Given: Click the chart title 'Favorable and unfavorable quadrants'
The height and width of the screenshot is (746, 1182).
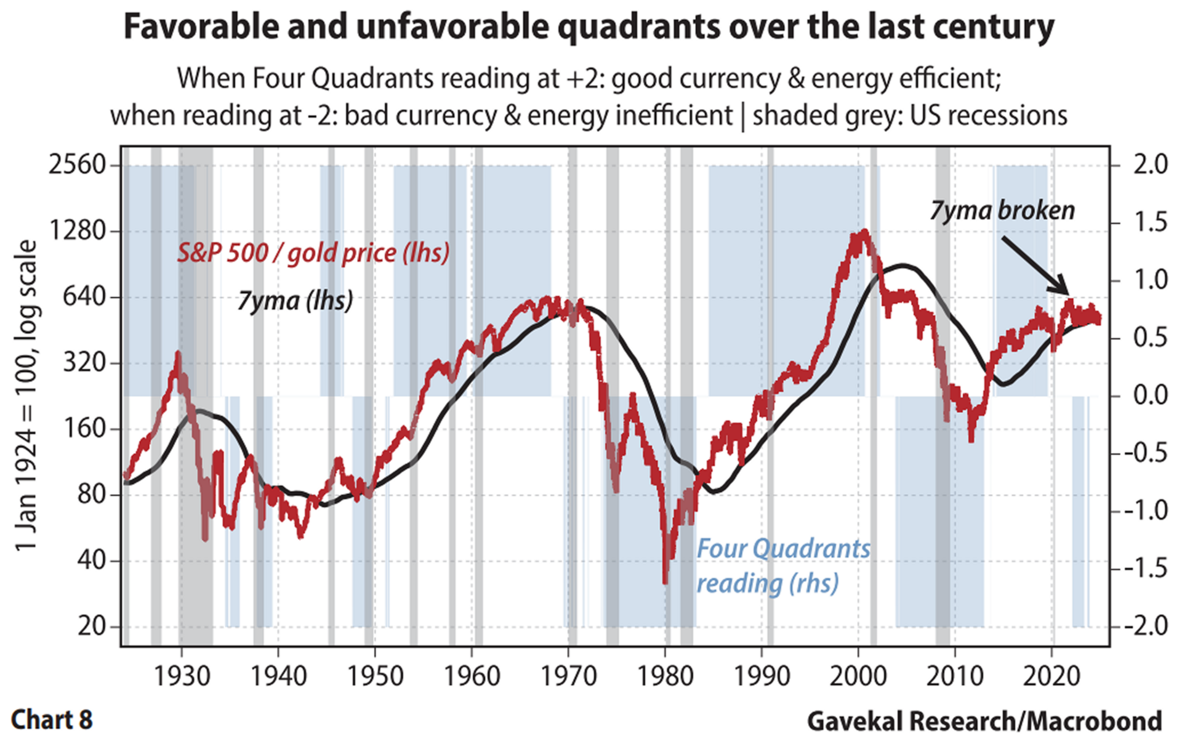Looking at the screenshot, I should click(x=589, y=28).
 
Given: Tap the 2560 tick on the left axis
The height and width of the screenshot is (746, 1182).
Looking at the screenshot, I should click(x=78, y=165).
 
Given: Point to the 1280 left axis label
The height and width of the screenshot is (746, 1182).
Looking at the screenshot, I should click(x=78, y=231).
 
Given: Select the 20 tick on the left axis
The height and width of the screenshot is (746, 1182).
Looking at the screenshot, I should click(x=92, y=626).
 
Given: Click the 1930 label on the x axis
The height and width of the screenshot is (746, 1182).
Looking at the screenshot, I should click(x=182, y=676).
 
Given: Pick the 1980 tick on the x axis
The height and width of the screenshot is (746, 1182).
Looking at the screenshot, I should click(x=665, y=676).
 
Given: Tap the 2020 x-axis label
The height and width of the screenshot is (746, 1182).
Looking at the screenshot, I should click(x=1052, y=676).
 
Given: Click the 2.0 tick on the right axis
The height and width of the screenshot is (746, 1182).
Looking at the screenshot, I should click(x=1150, y=165).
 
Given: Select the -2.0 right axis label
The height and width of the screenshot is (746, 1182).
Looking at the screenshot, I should click(x=1145, y=626).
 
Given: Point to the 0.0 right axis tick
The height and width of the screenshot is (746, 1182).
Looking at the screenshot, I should click(x=1150, y=395).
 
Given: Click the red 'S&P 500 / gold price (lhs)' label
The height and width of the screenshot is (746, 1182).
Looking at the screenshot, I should click(x=313, y=253).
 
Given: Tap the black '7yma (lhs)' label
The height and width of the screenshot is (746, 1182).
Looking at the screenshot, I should click(x=295, y=301).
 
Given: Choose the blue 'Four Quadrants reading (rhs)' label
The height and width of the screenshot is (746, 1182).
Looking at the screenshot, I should click(x=783, y=566).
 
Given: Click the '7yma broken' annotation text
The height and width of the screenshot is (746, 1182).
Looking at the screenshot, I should click(x=1002, y=211).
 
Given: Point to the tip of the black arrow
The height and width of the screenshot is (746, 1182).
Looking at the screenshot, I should click(x=1068, y=294).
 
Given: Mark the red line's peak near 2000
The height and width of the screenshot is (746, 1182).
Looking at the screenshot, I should click(x=865, y=232).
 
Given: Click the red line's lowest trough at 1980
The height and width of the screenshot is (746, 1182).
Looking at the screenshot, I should click(x=665, y=582).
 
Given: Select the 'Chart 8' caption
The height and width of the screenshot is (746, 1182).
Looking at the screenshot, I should click(x=52, y=720).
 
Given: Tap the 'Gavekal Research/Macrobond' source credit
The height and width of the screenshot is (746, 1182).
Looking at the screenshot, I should click(x=984, y=721).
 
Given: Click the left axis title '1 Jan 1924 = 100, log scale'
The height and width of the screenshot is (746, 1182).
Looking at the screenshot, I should click(x=26, y=395).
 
